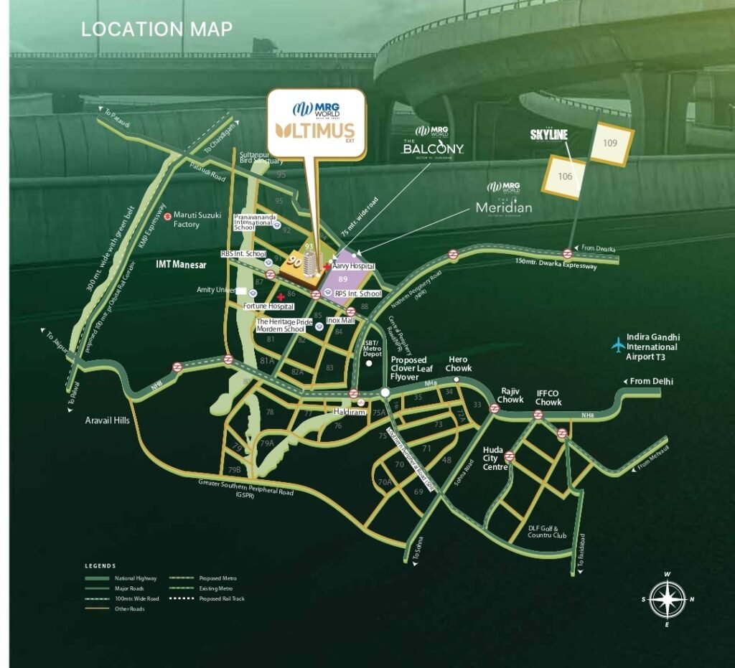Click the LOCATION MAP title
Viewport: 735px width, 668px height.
(x=156, y=29)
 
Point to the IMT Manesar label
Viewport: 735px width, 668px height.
(x=181, y=265)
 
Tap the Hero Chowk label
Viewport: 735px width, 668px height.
(x=459, y=364)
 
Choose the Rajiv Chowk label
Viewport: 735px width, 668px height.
(x=512, y=395)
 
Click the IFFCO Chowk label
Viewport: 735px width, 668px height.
(x=549, y=398)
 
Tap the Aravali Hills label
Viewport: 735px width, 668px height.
(x=106, y=420)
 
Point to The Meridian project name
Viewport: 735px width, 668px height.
(x=504, y=207)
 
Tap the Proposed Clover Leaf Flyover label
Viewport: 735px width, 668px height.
(x=408, y=368)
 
